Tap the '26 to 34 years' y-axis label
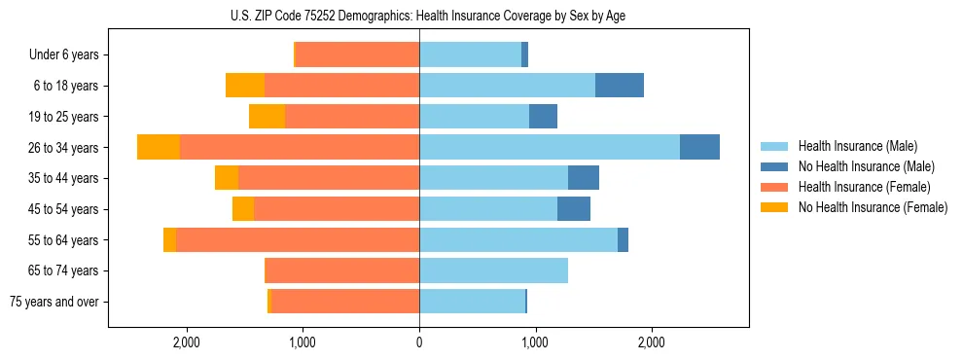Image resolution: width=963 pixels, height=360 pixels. click(x=64, y=147)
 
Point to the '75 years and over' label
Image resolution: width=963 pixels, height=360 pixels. click(x=54, y=302)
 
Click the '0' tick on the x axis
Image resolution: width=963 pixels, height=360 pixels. click(x=419, y=342)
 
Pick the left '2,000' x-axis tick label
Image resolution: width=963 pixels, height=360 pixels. click(x=186, y=342)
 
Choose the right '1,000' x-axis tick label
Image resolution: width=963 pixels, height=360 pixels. click(x=535, y=342)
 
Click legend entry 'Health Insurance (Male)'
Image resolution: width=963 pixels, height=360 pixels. click(x=857, y=146)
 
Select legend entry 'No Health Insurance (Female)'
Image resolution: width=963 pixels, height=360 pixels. click(x=873, y=207)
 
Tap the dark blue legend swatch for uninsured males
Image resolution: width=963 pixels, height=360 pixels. click(x=775, y=166)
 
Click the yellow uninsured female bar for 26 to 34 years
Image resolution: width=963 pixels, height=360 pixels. click(x=159, y=147)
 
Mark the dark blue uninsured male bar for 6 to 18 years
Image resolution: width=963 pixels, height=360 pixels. click(x=620, y=86)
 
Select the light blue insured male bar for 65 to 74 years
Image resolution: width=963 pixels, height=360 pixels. click(x=493, y=270)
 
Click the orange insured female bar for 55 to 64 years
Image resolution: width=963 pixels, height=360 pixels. click(x=298, y=239)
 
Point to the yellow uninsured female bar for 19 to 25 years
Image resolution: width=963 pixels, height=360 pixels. click(x=267, y=117)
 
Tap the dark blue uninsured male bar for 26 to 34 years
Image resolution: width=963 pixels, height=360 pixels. click(x=699, y=147)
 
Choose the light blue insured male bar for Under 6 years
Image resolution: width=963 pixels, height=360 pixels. click(x=470, y=54)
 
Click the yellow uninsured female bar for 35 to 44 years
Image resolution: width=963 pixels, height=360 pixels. click(x=227, y=178)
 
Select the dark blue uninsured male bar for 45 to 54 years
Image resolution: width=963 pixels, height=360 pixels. click(x=574, y=209)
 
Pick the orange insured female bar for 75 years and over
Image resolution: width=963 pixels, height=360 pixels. click(x=345, y=302)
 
